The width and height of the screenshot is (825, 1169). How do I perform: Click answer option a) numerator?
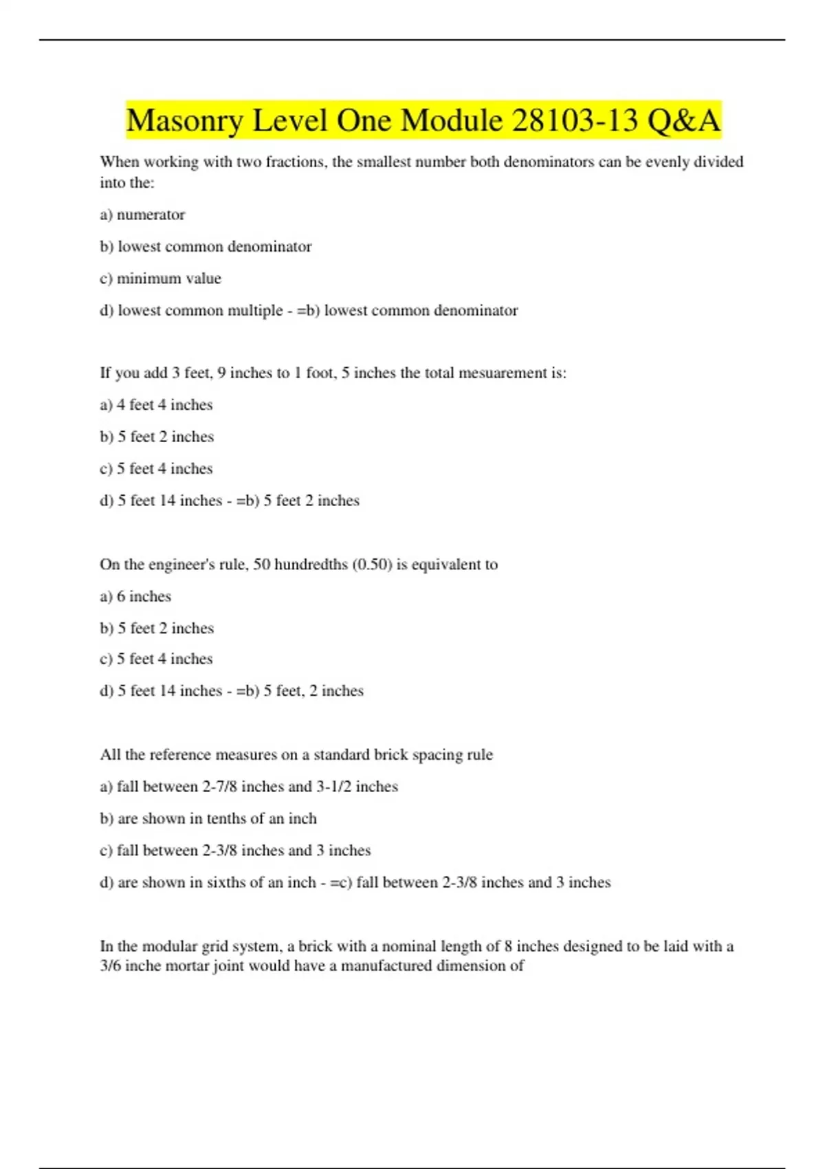tap(142, 215)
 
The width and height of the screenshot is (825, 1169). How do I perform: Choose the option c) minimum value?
tap(160, 278)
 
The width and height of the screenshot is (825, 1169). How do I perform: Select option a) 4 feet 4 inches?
tap(156, 404)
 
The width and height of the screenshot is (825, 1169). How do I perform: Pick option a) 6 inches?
tap(135, 596)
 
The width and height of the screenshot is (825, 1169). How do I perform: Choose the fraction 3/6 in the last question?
tap(110, 965)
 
